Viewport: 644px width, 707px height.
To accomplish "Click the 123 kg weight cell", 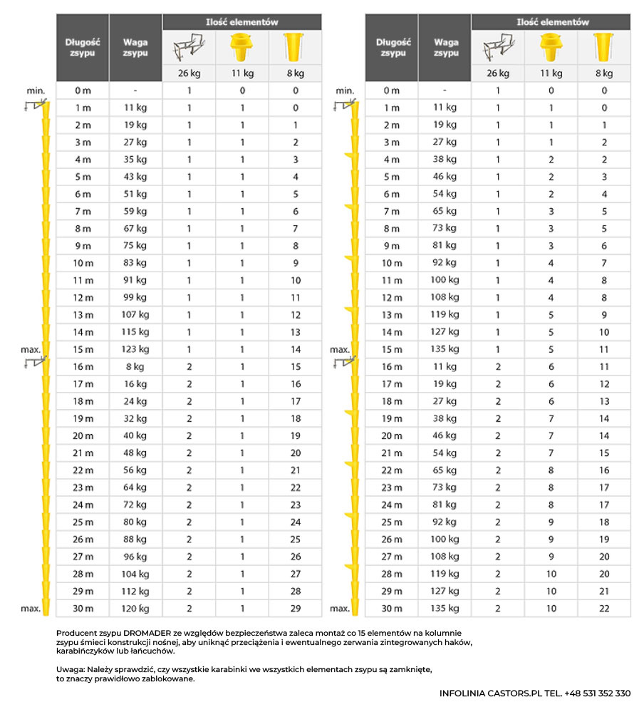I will click(x=135, y=349).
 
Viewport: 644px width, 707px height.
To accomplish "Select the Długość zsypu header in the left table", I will click(x=83, y=48).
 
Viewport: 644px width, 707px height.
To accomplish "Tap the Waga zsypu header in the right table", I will click(x=446, y=48).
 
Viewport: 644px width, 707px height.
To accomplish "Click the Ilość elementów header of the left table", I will click(x=241, y=22).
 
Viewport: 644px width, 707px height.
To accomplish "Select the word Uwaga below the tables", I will click(x=69, y=670).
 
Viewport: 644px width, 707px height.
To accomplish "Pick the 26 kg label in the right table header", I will click(x=498, y=73).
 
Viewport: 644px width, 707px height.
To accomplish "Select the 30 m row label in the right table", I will click(x=392, y=609).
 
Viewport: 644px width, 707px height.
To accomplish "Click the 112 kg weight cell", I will click(x=135, y=591).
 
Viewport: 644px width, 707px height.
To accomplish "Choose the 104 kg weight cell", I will click(x=135, y=574).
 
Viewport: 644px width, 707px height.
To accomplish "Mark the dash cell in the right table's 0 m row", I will click(x=445, y=91).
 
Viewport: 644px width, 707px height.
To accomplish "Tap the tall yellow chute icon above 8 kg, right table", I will click(x=603, y=48).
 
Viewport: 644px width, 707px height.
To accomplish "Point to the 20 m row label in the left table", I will click(x=83, y=435).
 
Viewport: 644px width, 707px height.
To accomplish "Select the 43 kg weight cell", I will click(x=135, y=177).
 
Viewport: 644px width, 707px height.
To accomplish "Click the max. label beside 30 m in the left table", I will click(x=31, y=609).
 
